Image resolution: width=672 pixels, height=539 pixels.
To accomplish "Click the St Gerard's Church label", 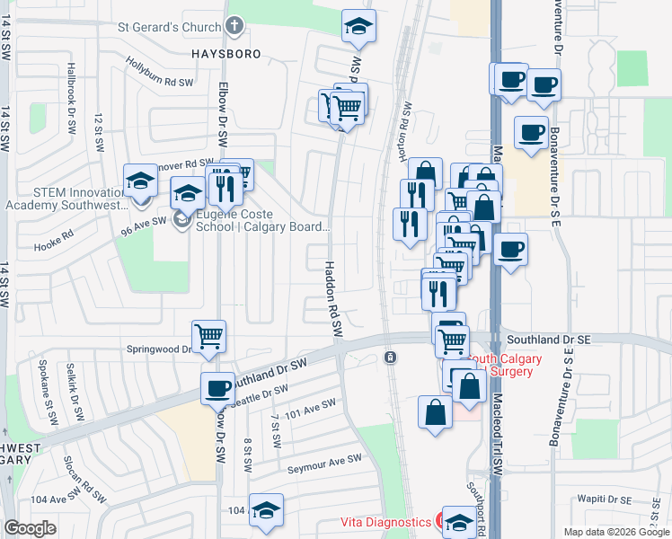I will [170, 27].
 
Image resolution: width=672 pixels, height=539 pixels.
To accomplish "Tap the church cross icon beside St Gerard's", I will [235, 26].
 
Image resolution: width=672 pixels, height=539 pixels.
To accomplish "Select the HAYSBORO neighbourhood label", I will [226, 54].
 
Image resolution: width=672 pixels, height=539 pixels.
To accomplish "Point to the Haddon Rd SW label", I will [333, 294].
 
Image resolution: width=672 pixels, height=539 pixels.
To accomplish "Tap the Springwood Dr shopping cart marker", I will [209, 336].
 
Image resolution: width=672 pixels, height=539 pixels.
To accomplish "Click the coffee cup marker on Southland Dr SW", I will [217, 388].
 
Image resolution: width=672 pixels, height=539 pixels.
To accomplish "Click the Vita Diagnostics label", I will [385, 522].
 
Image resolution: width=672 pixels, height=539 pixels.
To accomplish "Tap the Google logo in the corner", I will [31, 528].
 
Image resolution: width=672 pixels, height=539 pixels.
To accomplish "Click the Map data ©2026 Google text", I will [616, 532].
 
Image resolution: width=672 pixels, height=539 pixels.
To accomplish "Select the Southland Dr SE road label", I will [548, 340].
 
